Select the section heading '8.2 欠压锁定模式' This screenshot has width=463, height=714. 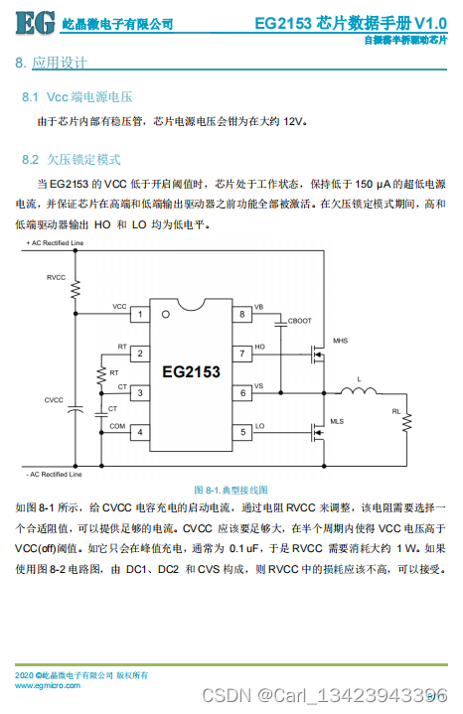tap(72, 159)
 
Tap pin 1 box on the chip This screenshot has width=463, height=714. tap(140, 314)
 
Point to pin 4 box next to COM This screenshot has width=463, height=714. tap(140, 431)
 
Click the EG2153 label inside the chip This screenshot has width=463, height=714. tap(191, 372)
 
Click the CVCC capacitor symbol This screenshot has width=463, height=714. tap(75, 407)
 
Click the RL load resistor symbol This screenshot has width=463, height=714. tap(405, 425)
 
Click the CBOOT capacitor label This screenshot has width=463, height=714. tap(298, 321)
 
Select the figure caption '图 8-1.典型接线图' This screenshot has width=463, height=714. tap(230, 490)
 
